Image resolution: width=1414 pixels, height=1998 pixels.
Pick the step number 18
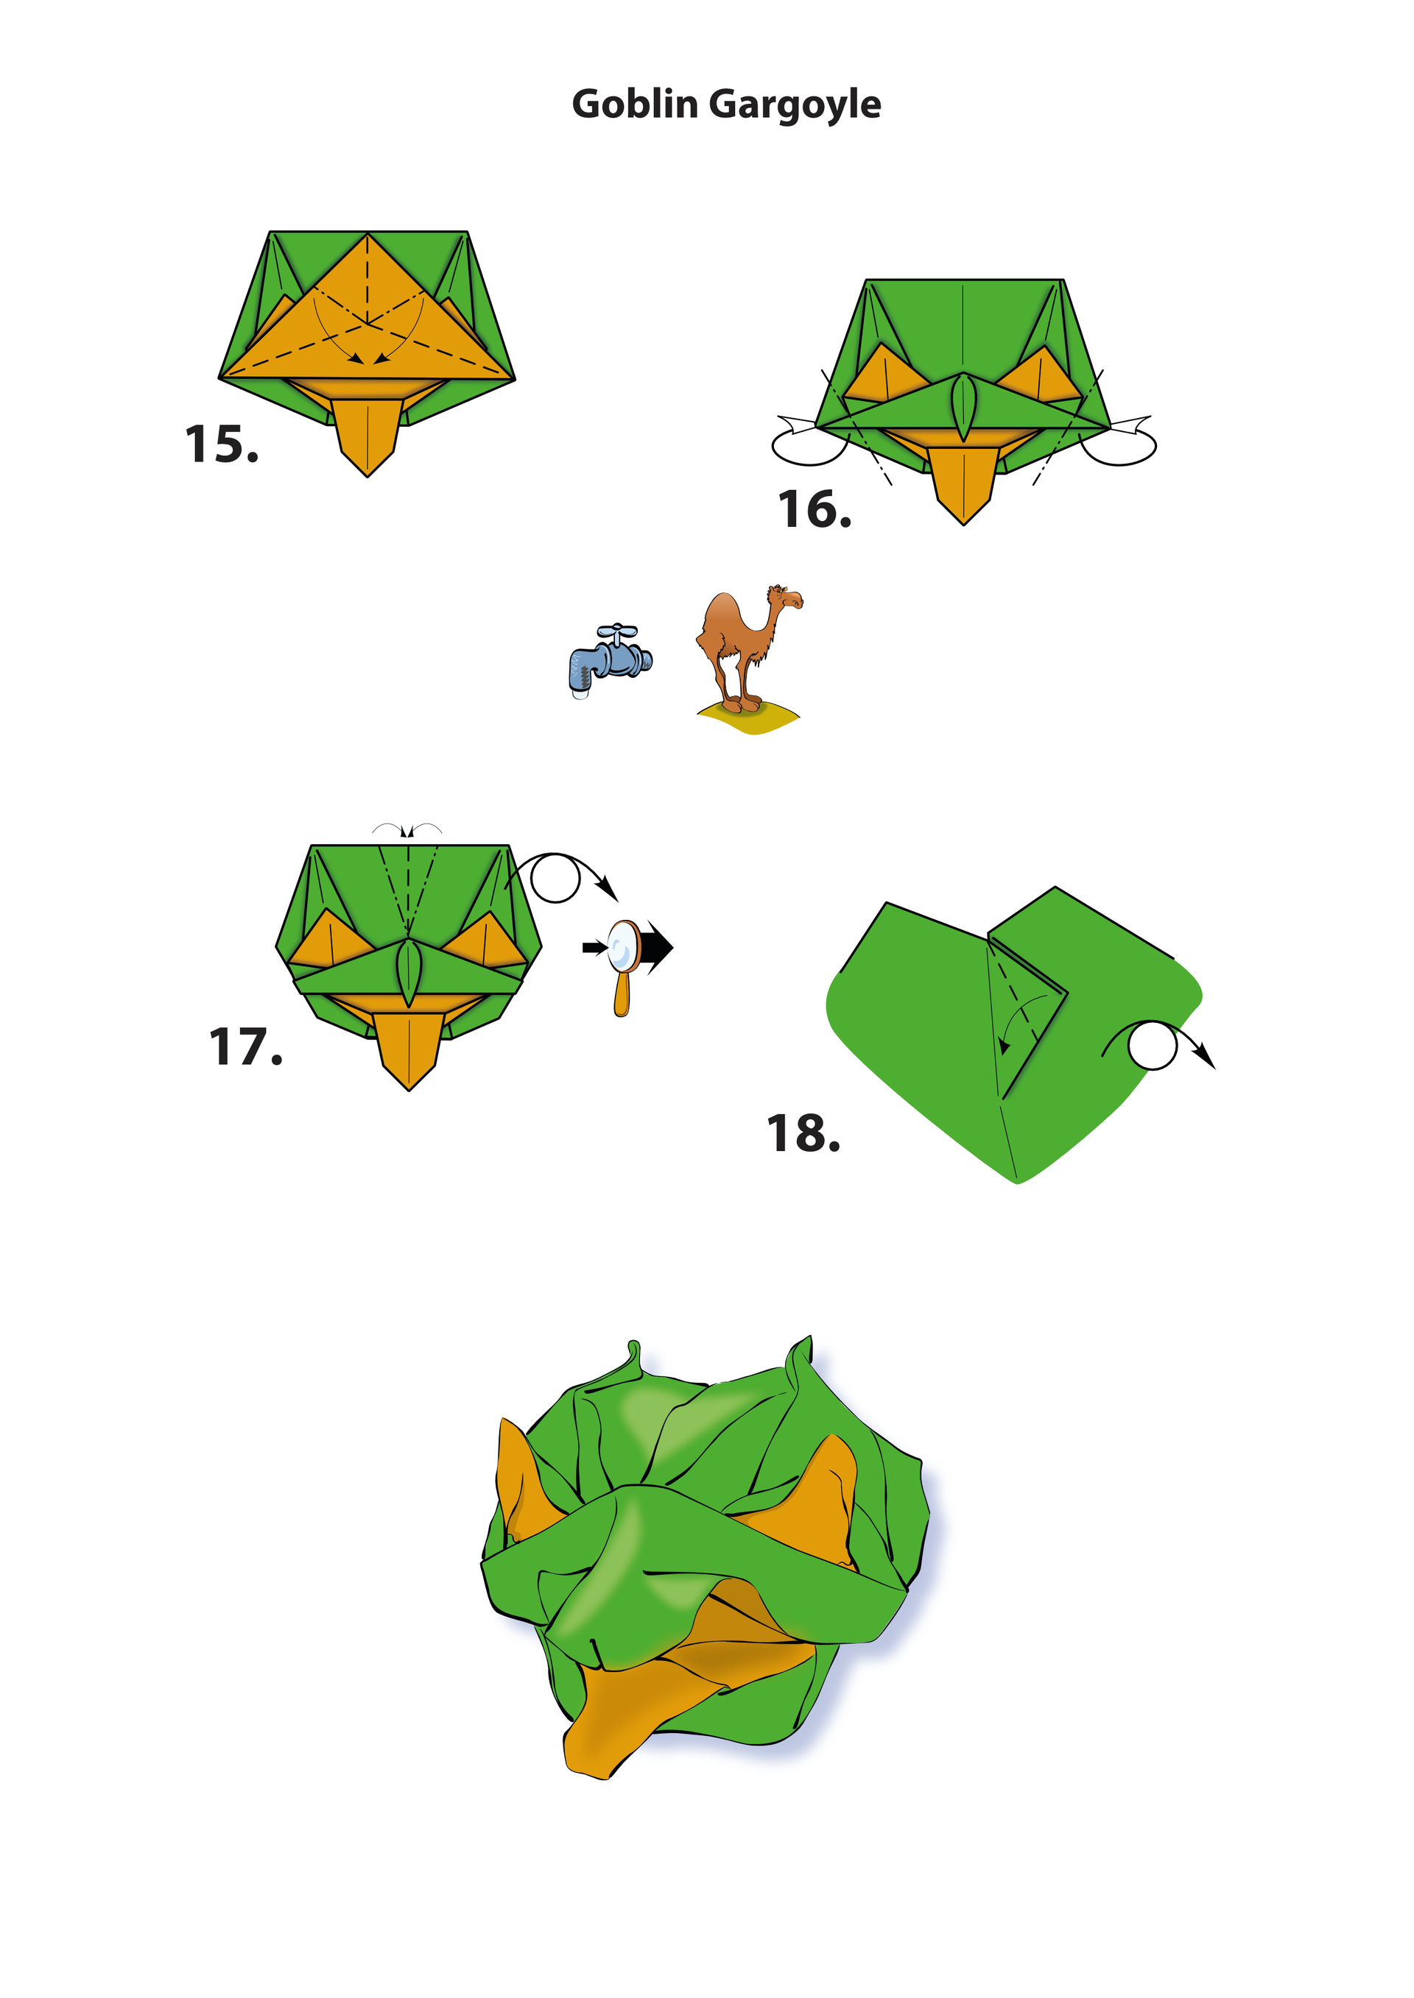(x=803, y=1134)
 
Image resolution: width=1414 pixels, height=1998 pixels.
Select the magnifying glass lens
(x=622, y=947)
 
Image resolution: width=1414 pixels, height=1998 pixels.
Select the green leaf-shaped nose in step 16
(x=963, y=406)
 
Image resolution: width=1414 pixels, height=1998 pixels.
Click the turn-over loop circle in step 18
(x=1153, y=1046)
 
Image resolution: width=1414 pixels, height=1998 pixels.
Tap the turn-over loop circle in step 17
(x=555, y=878)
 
